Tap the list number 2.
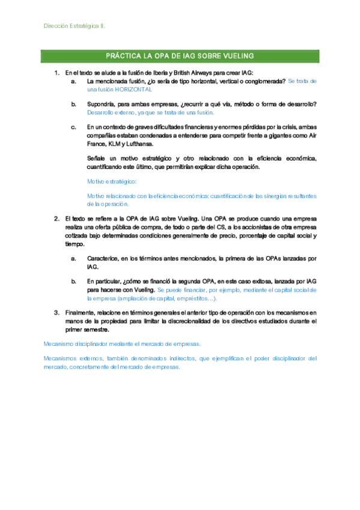[x=56, y=218]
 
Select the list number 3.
[x=56, y=313]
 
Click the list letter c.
[x=73, y=127]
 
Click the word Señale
[x=97, y=158]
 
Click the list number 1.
[x=56, y=73]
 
